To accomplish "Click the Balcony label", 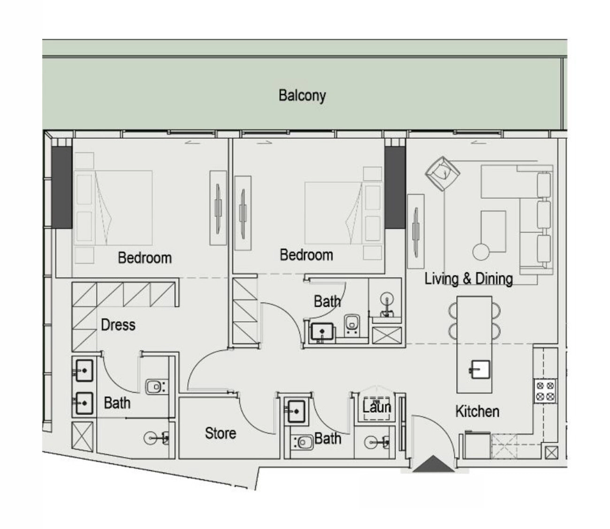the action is [302, 96].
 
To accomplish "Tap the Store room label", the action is [221, 433].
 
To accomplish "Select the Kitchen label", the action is [477, 411].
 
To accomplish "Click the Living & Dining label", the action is [468, 279].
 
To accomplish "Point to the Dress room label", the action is [118, 325].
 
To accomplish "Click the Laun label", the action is [376, 407].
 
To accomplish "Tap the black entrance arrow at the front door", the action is [433, 464].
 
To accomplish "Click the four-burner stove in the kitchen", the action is [545, 391].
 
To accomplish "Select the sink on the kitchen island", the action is [480, 370].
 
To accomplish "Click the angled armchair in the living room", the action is [442, 174].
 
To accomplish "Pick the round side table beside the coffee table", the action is [481, 252].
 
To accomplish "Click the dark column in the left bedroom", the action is [62, 188].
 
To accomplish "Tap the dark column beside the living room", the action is [395, 188].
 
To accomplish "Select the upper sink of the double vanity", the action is [84, 370].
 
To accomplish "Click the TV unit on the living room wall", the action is [416, 232].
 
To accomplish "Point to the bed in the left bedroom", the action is [113, 208].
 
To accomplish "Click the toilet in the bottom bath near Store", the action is [303, 442].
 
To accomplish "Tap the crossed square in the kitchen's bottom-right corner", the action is [551, 453].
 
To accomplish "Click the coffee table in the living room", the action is [493, 232].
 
